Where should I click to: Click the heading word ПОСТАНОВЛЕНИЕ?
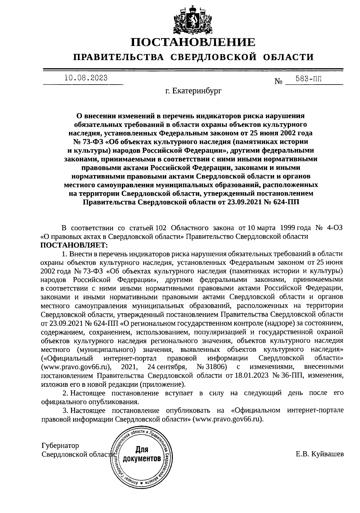(x=193, y=42)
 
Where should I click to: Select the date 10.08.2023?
(x=86, y=78)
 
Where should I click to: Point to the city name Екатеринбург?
(x=197, y=91)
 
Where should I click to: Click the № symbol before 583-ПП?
(x=278, y=81)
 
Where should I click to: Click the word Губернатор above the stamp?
(x=60, y=446)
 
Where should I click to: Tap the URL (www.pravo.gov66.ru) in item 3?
(x=229, y=419)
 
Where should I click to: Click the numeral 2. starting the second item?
(x=64, y=393)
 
